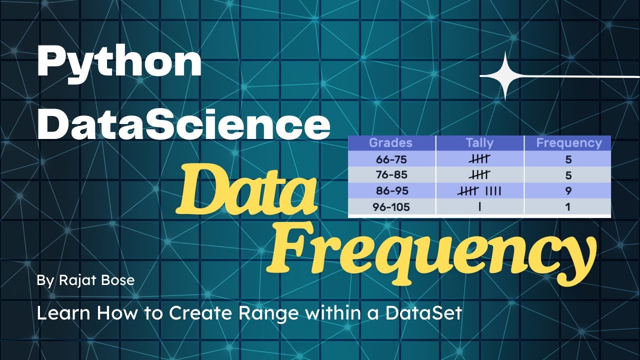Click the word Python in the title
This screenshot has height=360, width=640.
tap(119, 63)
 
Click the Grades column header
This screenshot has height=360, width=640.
tap(390, 143)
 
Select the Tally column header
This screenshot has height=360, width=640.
tap(479, 143)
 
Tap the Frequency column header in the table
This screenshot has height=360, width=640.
tap(568, 143)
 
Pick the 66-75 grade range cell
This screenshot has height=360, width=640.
tap(391, 159)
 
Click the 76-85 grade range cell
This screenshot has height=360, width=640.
tap(391, 175)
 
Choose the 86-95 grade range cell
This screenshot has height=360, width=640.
tap(391, 190)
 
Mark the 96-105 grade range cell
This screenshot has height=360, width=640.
tap(391, 206)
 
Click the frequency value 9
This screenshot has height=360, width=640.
tap(568, 190)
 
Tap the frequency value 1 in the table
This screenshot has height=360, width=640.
tap(568, 206)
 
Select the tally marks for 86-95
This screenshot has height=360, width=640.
tap(479, 190)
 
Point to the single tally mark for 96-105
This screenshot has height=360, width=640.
tap(479, 206)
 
